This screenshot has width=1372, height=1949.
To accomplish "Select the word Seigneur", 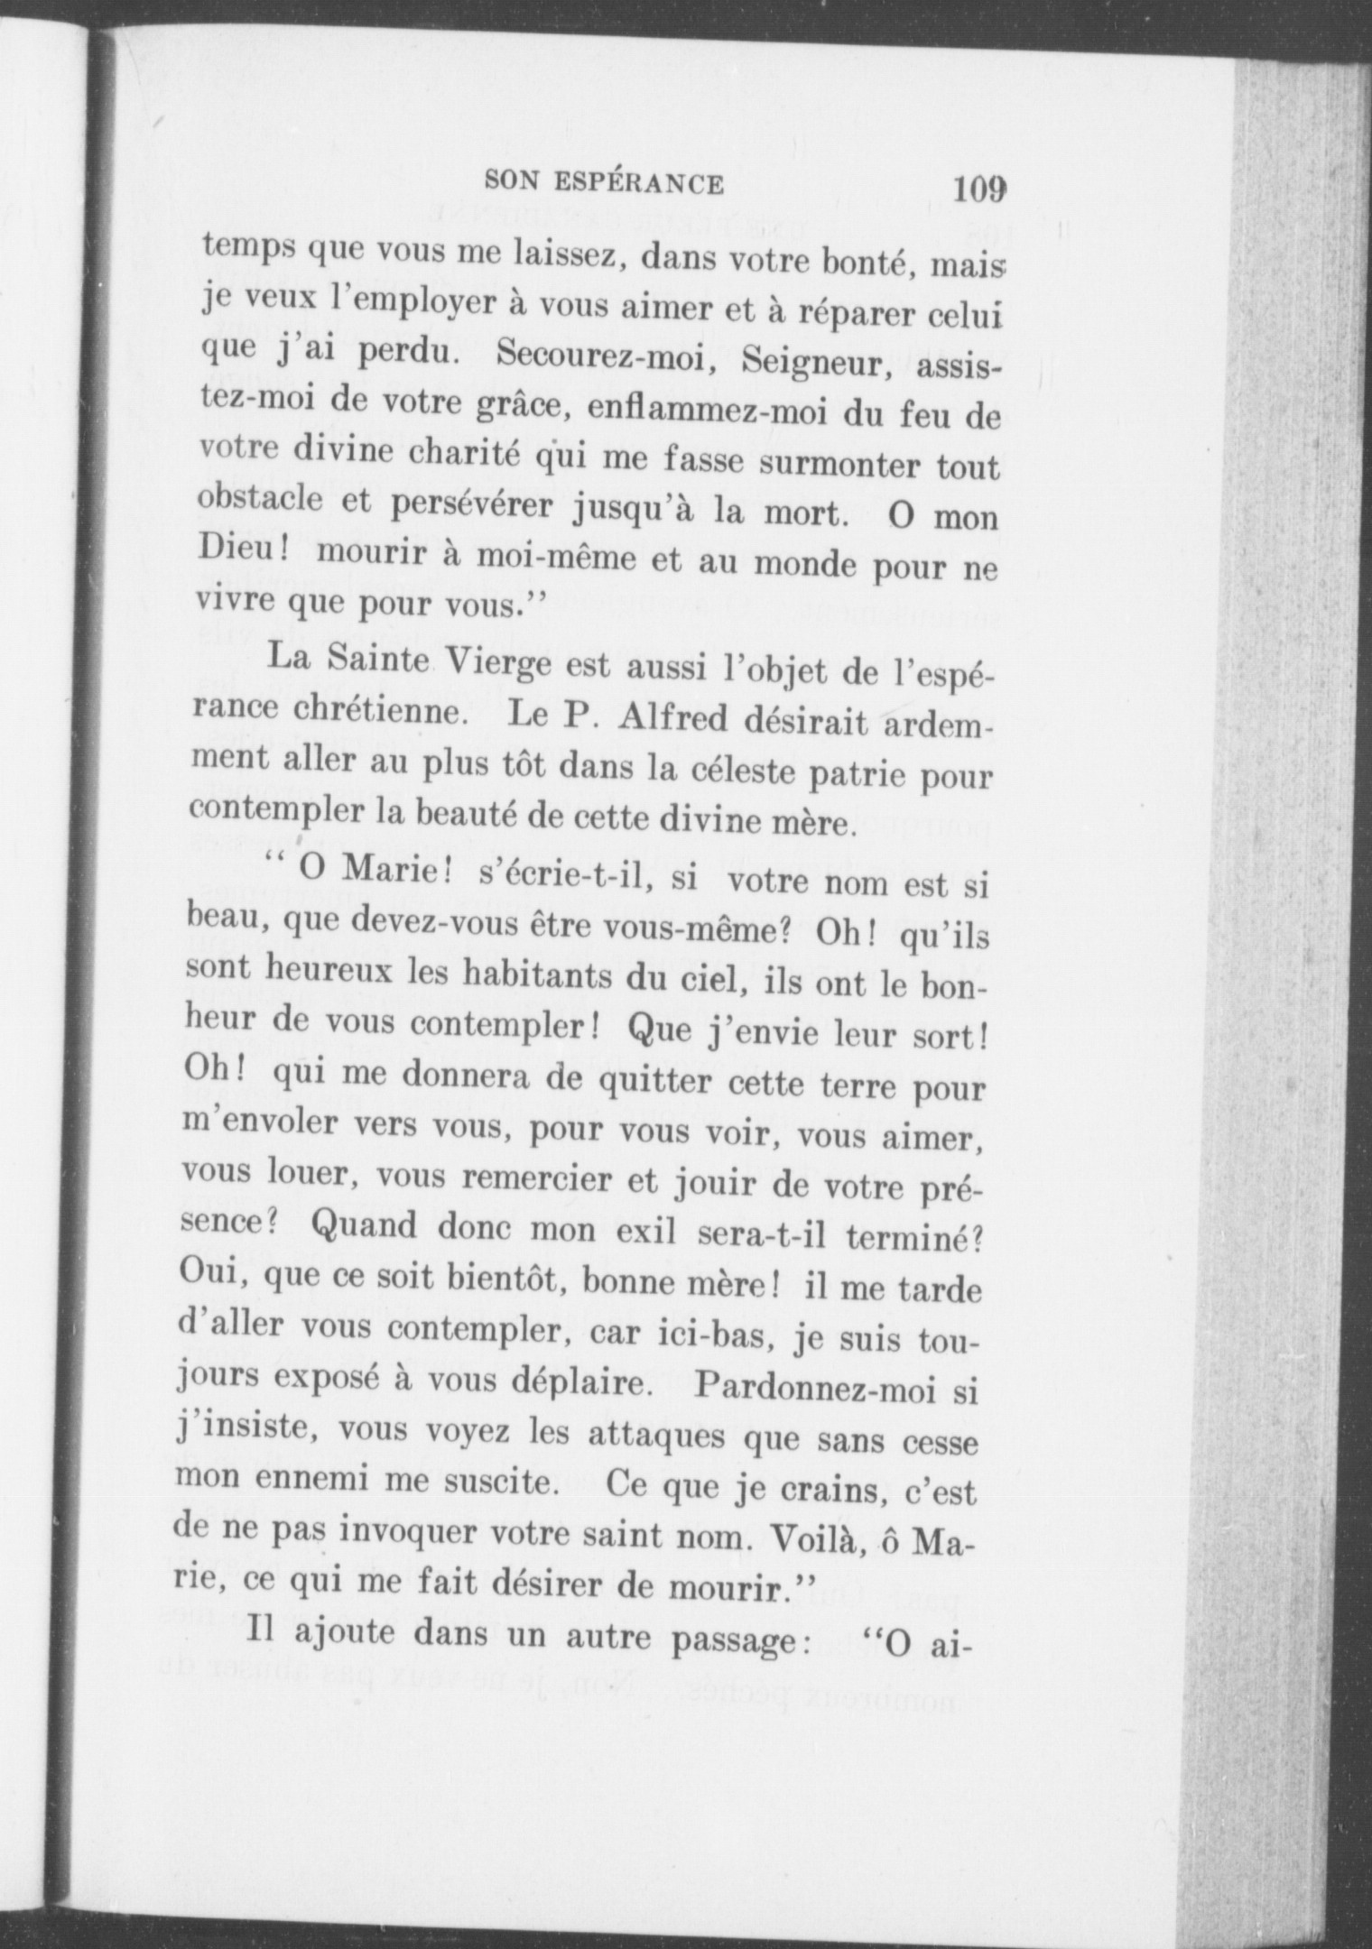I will tap(804, 365).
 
